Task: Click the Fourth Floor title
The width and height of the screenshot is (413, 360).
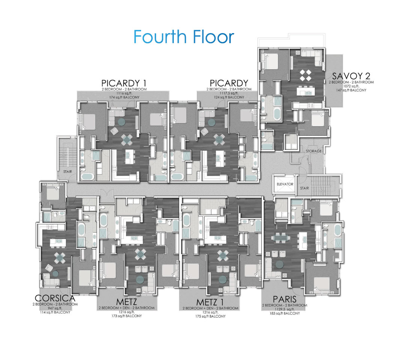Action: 184,37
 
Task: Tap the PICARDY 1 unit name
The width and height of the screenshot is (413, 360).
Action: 124,83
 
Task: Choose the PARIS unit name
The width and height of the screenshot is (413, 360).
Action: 285,299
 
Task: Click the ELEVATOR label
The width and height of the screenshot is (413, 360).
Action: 285,185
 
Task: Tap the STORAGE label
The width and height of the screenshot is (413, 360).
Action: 314,151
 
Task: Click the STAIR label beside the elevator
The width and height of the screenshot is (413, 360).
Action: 304,188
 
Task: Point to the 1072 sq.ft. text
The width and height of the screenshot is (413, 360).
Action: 351,86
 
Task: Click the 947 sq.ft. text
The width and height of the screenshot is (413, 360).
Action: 55,308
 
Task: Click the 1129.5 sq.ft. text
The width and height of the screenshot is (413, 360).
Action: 285,309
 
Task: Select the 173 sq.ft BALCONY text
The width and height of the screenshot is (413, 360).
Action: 126,316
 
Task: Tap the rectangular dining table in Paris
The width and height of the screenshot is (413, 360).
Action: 283,237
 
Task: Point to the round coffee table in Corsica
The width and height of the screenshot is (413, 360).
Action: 55,273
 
